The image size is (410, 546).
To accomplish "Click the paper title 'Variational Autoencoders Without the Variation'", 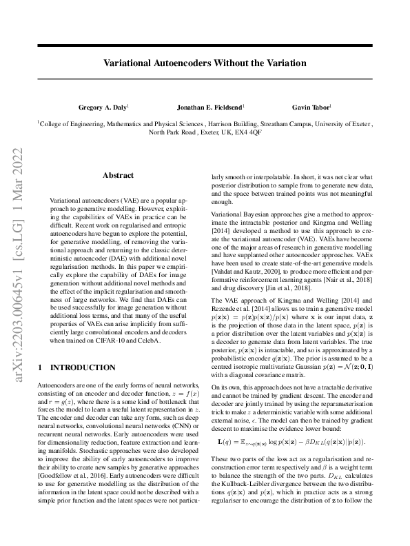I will tap(205, 63).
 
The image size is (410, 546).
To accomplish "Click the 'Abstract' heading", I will tap(118, 175).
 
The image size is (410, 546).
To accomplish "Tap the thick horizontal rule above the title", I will tap(205, 45).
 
